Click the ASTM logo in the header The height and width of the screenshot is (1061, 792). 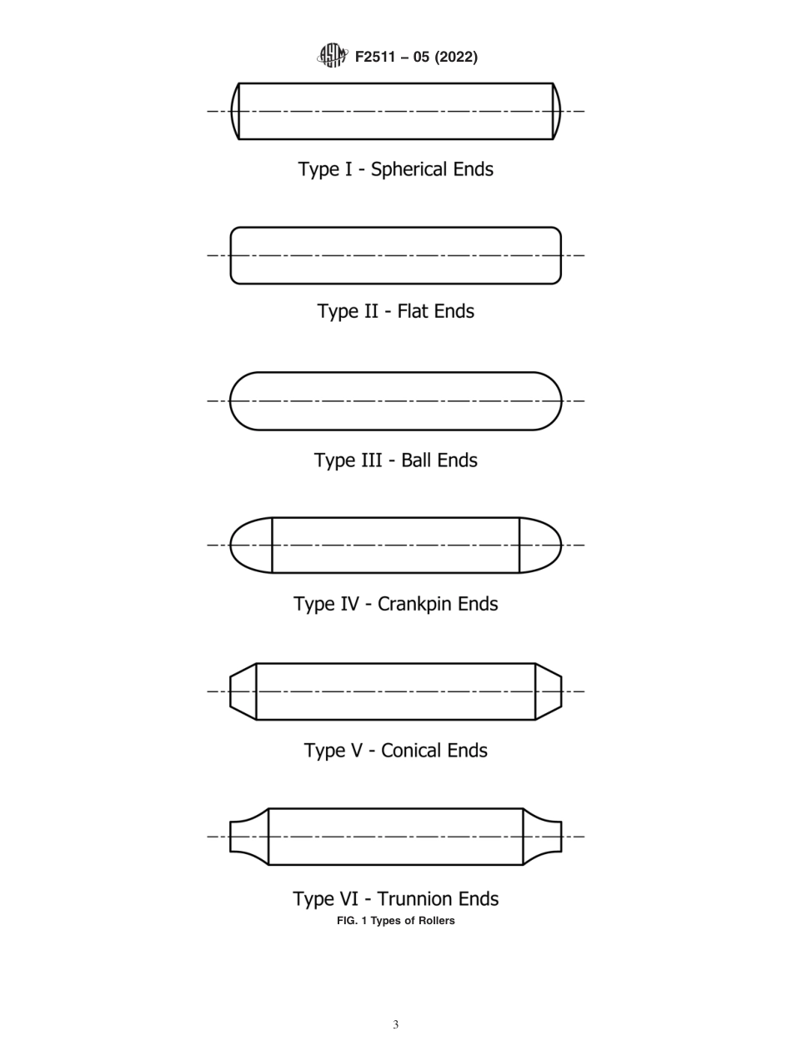pos(330,56)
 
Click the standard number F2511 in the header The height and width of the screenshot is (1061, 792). pos(378,57)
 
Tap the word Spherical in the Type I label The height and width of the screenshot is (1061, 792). pos(409,169)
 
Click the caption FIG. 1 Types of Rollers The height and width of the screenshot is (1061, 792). pos(395,921)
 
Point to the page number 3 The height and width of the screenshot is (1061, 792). pos(395,1025)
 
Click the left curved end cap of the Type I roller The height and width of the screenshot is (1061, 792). pos(235,111)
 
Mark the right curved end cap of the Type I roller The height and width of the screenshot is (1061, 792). pos(557,111)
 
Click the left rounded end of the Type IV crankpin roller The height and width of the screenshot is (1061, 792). pos(251,546)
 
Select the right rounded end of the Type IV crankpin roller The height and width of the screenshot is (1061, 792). pos(540,546)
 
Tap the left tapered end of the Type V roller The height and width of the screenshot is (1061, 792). pos(243,691)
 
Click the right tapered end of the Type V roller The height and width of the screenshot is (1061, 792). pos(548,691)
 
